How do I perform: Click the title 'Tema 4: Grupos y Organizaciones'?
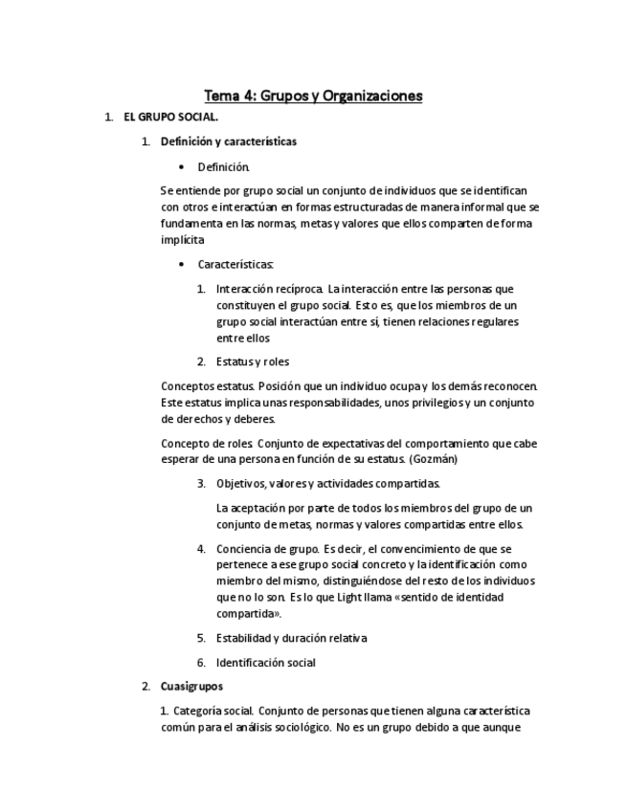click(313, 96)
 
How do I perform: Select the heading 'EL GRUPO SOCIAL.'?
click(170, 118)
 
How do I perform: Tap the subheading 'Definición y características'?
click(228, 142)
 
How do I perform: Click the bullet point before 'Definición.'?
click(181, 166)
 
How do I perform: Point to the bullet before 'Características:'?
click(181, 264)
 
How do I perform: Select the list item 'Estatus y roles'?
click(253, 362)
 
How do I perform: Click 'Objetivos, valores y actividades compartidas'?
click(327, 483)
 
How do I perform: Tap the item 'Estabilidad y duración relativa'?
click(291, 637)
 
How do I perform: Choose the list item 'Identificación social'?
click(265, 662)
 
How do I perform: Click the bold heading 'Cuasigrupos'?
click(191, 686)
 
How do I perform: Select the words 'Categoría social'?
click(213, 711)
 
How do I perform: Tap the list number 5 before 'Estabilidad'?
click(201, 637)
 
